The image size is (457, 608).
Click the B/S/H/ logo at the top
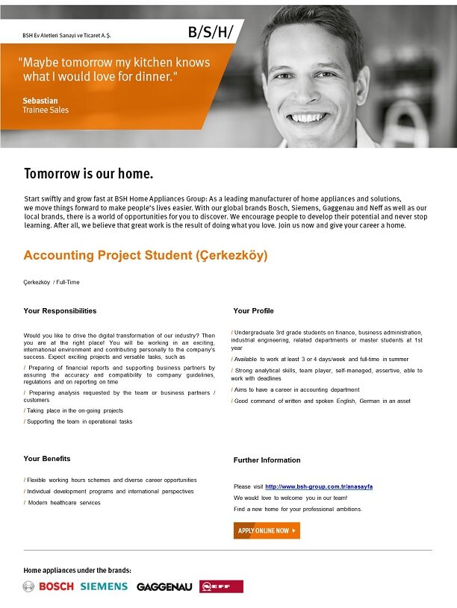(x=211, y=31)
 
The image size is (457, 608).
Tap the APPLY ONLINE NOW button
(x=267, y=530)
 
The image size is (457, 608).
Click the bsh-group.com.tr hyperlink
(x=319, y=486)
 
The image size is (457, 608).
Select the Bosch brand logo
(x=49, y=586)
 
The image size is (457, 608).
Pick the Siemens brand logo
(x=104, y=586)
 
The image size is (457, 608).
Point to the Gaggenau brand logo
(x=164, y=587)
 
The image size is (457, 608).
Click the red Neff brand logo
(x=221, y=586)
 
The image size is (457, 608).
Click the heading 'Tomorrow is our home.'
(x=88, y=175)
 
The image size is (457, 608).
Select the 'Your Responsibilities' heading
(x=60, y=310)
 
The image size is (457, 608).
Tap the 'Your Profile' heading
(x=253, y=310)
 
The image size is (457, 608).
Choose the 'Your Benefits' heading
(x=47, y=458)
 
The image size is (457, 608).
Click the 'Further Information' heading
(x=267, y=460)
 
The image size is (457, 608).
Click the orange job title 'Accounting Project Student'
(x=145, y=256)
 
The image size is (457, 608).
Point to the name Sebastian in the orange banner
(x=40, y=100)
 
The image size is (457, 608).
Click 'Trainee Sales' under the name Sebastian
(x=46, y=110)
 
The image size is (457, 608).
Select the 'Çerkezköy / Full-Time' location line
(x=52, y=282)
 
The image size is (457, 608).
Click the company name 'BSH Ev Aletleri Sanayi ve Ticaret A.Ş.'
(x=66, y=35)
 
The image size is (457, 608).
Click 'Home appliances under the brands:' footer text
(x=78, y=570)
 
